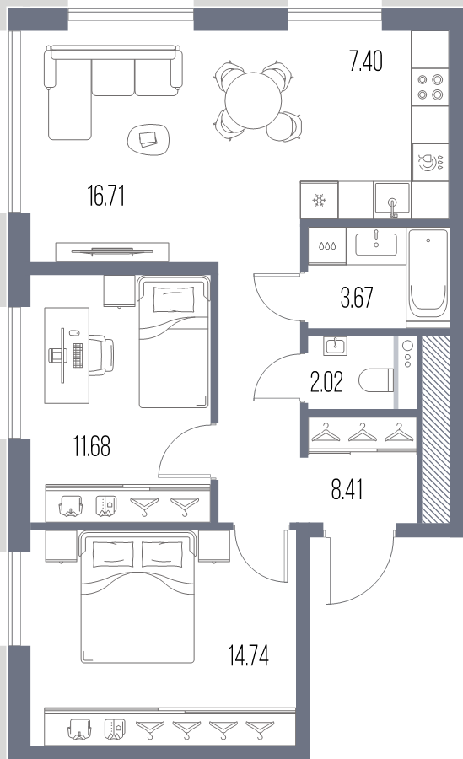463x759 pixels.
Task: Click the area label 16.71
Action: coord(106,196)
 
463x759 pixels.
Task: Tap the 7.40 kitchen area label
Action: coord(366,62)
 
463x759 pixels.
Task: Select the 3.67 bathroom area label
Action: coord(357,297)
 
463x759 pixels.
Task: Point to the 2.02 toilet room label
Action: coord(326,382)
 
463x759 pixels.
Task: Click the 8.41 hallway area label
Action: coord(347,489)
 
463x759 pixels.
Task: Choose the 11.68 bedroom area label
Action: coord(92,446)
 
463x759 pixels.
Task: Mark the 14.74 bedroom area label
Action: coord(249,655)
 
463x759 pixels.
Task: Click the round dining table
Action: coord(253,100)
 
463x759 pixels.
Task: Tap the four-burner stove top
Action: coord(430,87)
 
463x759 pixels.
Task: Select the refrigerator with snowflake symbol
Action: coord(319,200)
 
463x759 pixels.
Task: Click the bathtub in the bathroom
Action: coord(428,277)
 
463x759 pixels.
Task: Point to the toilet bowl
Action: coord(377,380)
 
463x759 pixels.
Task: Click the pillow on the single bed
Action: coord(174,299)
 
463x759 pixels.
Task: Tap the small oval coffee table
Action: coord(148,139)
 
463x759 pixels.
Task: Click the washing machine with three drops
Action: coord(327,246)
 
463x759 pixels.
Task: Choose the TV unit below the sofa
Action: coord(112,251)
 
